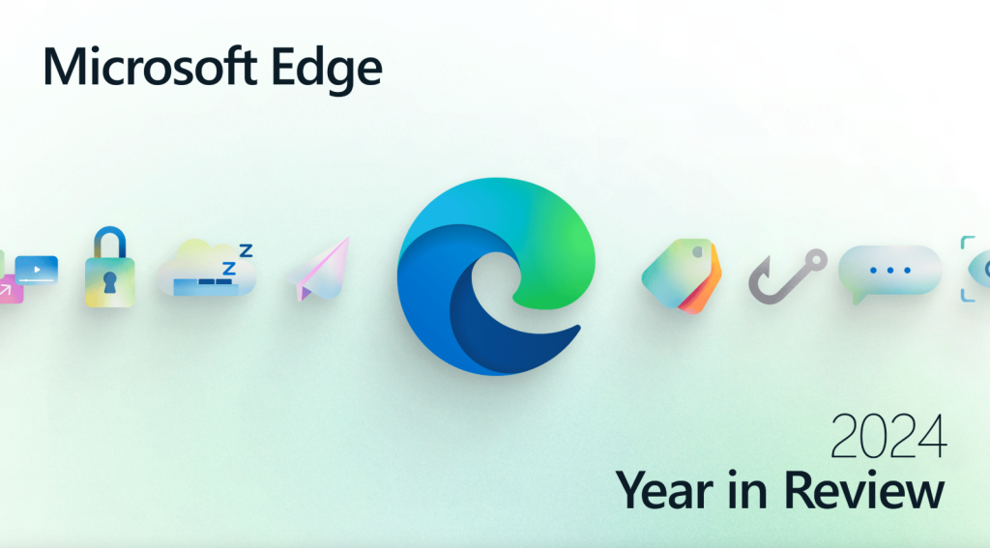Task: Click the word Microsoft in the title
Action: pos(150,67)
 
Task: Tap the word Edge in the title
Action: pos(327,71)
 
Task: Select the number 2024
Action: pos(888,436)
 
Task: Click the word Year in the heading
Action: pos(664,490)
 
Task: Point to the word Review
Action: pos(864,490)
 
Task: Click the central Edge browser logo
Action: pos(496,276)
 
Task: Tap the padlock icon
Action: pos(110,267)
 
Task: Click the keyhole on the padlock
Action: pos(110,282)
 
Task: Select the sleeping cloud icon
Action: pos(207,268)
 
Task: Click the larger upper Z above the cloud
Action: pos(246,250)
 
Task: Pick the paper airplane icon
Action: pos(319,270)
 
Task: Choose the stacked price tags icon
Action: pos(682,275)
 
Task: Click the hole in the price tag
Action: pos(698,252)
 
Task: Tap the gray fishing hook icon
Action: pos(787,276)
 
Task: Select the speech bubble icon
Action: pos(889,273)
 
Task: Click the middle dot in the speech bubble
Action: pos(890,271)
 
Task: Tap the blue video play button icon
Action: pos(37,270)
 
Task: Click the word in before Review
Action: pos(748,490)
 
